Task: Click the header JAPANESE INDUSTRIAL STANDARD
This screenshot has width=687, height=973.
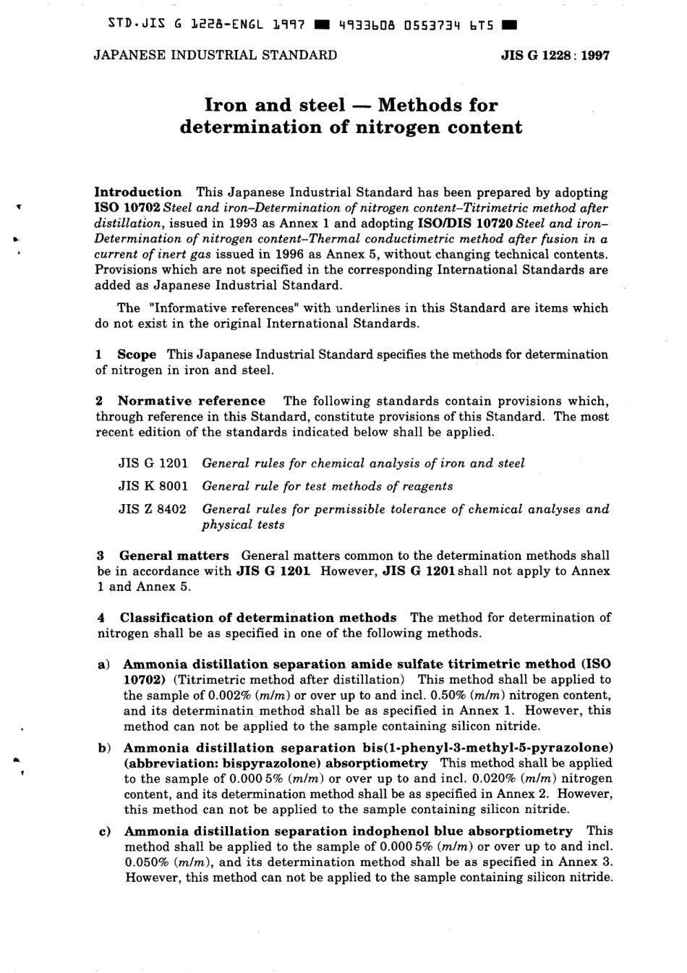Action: click(x=216, y=55)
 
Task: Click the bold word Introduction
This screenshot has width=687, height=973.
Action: click(x=138, y=192)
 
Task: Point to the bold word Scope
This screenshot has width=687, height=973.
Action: click(x=137, y=354)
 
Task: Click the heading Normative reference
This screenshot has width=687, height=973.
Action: click(x=192, y=401)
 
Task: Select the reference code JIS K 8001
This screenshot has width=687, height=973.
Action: click(x=153, y=486)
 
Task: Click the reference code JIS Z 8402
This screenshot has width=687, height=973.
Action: click(x=153, y=509)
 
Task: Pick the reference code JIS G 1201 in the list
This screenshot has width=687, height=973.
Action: click(x=153, y=463)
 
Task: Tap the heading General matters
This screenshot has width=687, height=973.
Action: click(x=174, y=556)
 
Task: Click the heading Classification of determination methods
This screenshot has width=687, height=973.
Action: click(x=258, y=618)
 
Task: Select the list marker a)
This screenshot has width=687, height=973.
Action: click(x=103, y=664)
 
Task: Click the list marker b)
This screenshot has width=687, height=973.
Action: click(x=103, y=748)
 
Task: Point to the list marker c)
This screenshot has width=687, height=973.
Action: click(x=103, y=832)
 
